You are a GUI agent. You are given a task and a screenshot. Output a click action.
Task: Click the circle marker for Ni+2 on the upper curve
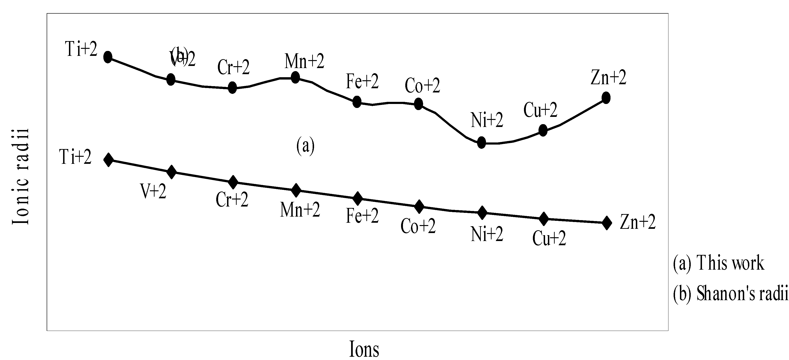point(482,142)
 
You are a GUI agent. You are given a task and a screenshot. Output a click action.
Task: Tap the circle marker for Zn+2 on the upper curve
point(606,98)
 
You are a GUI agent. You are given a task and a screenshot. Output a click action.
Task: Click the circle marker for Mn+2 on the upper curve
point(295,77)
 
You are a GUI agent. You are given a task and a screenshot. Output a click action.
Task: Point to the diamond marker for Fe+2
point(357,199)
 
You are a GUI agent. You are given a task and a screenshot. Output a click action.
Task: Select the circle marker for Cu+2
point(543,130)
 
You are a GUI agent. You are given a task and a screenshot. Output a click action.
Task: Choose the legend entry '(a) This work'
point(718,263)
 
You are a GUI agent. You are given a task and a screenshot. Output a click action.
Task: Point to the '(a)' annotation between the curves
point(305,146)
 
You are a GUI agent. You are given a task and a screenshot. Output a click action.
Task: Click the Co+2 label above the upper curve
point(422,85)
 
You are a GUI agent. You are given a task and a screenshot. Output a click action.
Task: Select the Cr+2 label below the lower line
point(232,200)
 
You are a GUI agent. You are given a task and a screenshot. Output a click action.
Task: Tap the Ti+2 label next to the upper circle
point(81,49)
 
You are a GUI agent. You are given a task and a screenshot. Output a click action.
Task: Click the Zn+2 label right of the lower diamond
point(638,222)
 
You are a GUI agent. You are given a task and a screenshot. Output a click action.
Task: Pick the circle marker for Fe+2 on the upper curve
point(357,101)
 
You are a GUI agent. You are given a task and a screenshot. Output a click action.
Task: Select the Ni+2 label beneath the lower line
point(487,235)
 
